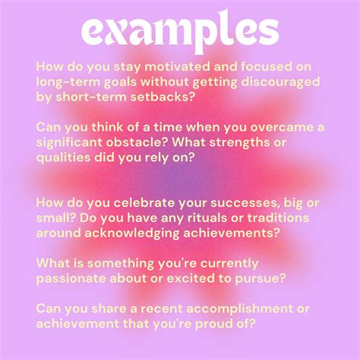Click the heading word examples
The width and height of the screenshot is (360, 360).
pyautogui.click(x=180, y=31)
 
